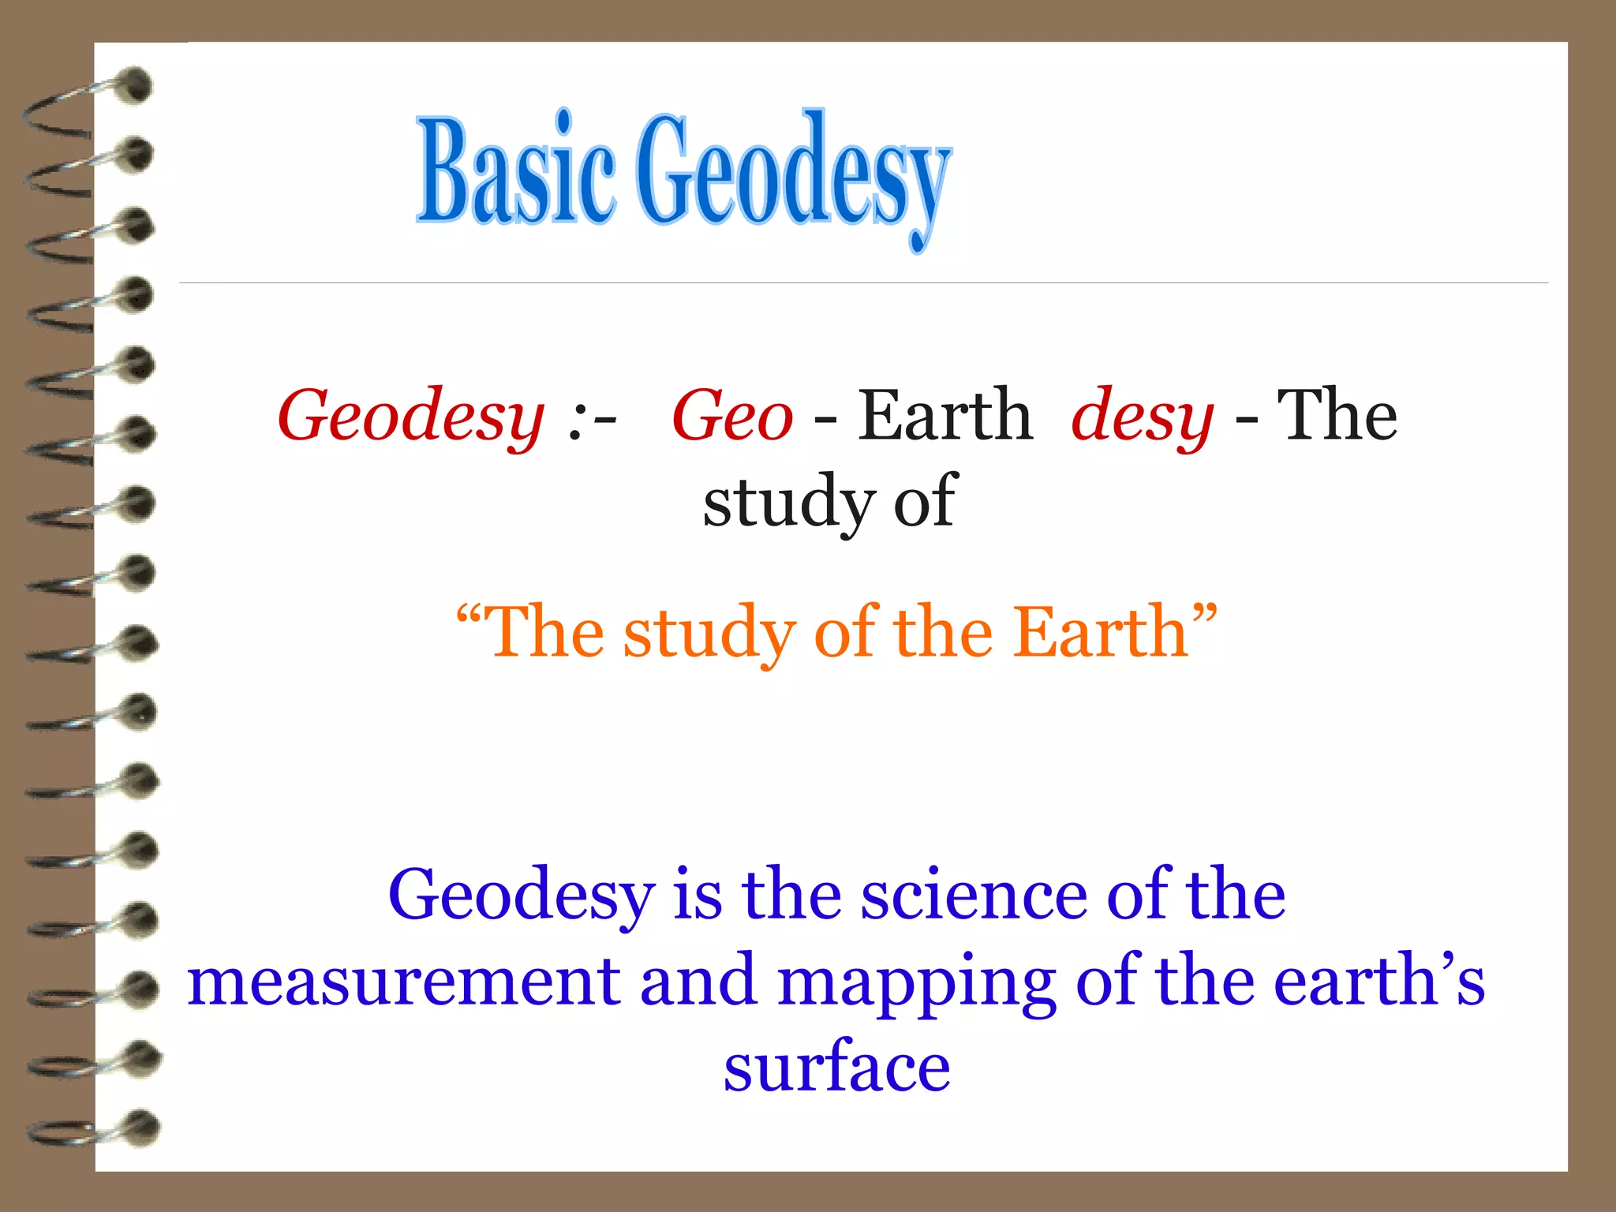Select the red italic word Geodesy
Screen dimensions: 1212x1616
click(x=411, y=417)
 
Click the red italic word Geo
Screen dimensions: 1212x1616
click(x=732, y=417)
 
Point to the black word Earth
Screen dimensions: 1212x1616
click(x=945, y=415)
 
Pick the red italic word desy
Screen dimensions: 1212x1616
click(x=1142, y=417)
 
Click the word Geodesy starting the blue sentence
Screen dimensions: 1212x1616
click(x=522, y=896)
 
